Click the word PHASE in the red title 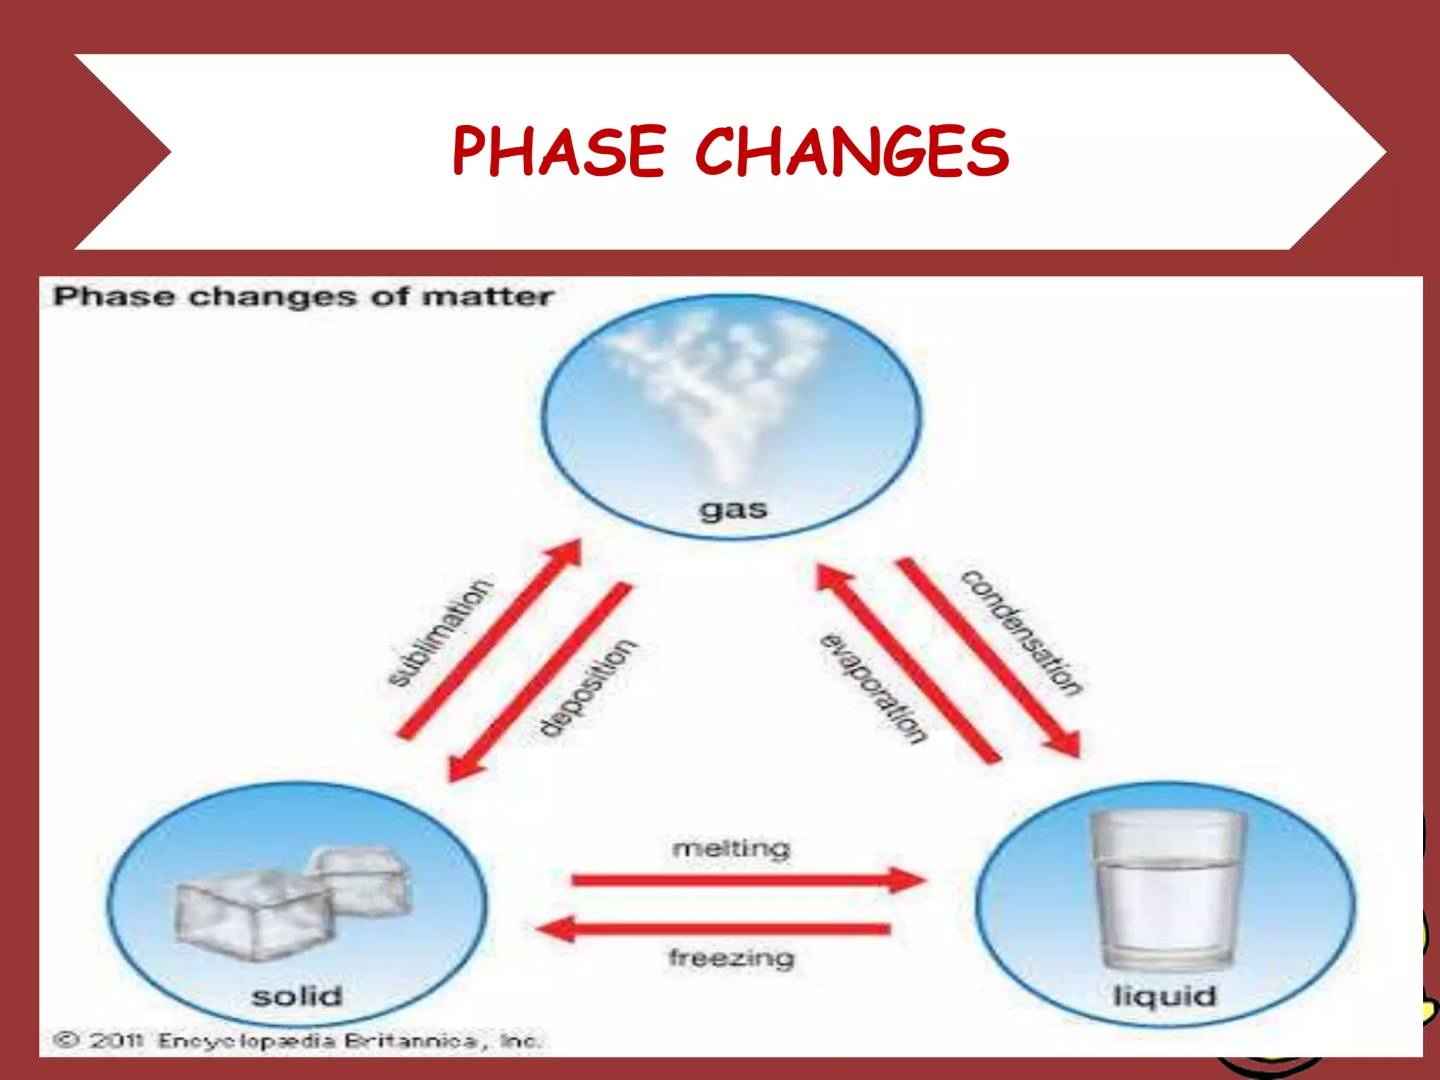pos(559,151)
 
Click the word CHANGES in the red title pos(852,151)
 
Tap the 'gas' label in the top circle pos(733,509)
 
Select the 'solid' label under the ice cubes pos(297,996)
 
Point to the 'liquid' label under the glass pos(1164,996)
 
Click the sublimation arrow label pos(440,632)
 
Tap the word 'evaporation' pos(873,689)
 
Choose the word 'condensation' pos(1022,632)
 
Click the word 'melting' pos(731,849)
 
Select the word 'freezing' pos(731,958)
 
